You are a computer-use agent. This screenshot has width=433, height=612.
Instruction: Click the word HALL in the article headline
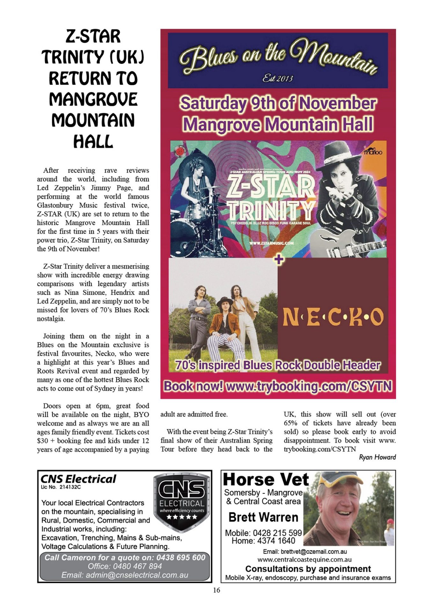93,141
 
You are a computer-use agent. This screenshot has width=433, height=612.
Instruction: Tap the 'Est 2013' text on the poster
277,78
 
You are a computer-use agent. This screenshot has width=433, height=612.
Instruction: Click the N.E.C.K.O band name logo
333,317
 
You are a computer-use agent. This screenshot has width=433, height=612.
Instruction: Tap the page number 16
216,590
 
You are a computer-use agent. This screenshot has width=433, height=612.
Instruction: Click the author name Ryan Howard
377,457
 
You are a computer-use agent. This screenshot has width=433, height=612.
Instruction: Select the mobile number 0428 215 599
277,533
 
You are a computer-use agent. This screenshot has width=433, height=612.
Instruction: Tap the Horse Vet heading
266,480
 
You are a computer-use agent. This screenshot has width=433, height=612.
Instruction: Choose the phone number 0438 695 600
180,557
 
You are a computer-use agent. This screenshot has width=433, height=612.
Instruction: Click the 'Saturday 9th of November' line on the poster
278,104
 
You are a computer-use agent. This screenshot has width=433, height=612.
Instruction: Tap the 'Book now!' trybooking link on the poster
278,386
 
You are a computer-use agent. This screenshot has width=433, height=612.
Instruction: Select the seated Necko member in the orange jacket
224,325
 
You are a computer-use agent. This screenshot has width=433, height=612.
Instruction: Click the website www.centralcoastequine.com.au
305,559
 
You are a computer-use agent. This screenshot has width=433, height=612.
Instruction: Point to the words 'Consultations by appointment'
308,569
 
